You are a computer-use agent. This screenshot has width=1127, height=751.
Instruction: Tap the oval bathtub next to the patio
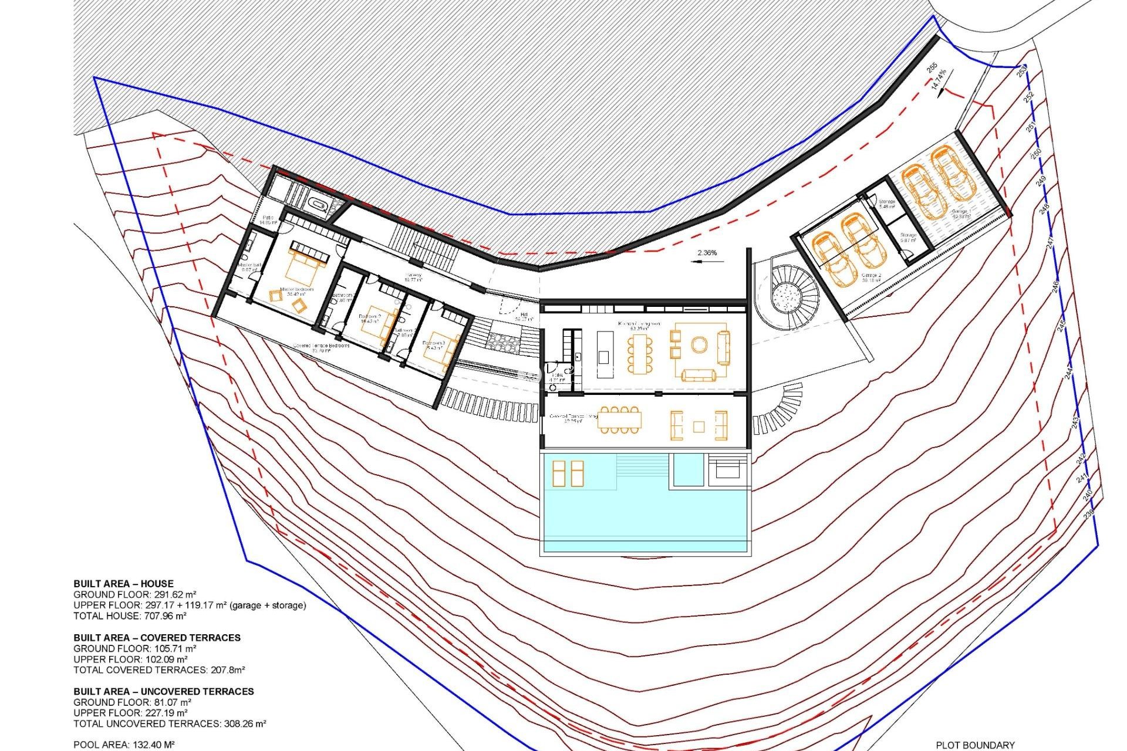point(320,206)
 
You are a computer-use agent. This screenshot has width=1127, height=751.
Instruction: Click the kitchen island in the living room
point(604,348)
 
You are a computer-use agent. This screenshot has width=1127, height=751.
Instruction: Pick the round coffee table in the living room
point(699,344)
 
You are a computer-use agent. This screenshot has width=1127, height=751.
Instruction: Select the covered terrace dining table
point(619,420)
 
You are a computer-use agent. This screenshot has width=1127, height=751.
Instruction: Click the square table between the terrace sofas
point(699,427)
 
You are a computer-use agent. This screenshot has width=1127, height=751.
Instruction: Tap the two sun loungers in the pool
point(568,473)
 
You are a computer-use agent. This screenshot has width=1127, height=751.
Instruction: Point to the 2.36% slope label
point(707,253)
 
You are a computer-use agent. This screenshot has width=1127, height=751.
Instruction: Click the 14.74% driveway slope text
point(939,80)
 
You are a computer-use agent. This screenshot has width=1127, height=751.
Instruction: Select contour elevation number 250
point(1037,152)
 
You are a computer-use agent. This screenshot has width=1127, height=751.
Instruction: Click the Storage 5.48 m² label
point(886,204)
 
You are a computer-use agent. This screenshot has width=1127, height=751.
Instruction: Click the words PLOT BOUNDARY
point(975,745)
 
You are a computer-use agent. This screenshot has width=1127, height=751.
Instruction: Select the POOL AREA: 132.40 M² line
point(124,745)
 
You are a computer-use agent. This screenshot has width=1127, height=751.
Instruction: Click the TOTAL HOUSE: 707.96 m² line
point(130,616)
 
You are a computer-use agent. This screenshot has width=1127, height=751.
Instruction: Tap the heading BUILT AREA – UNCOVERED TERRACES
point(164,691)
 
